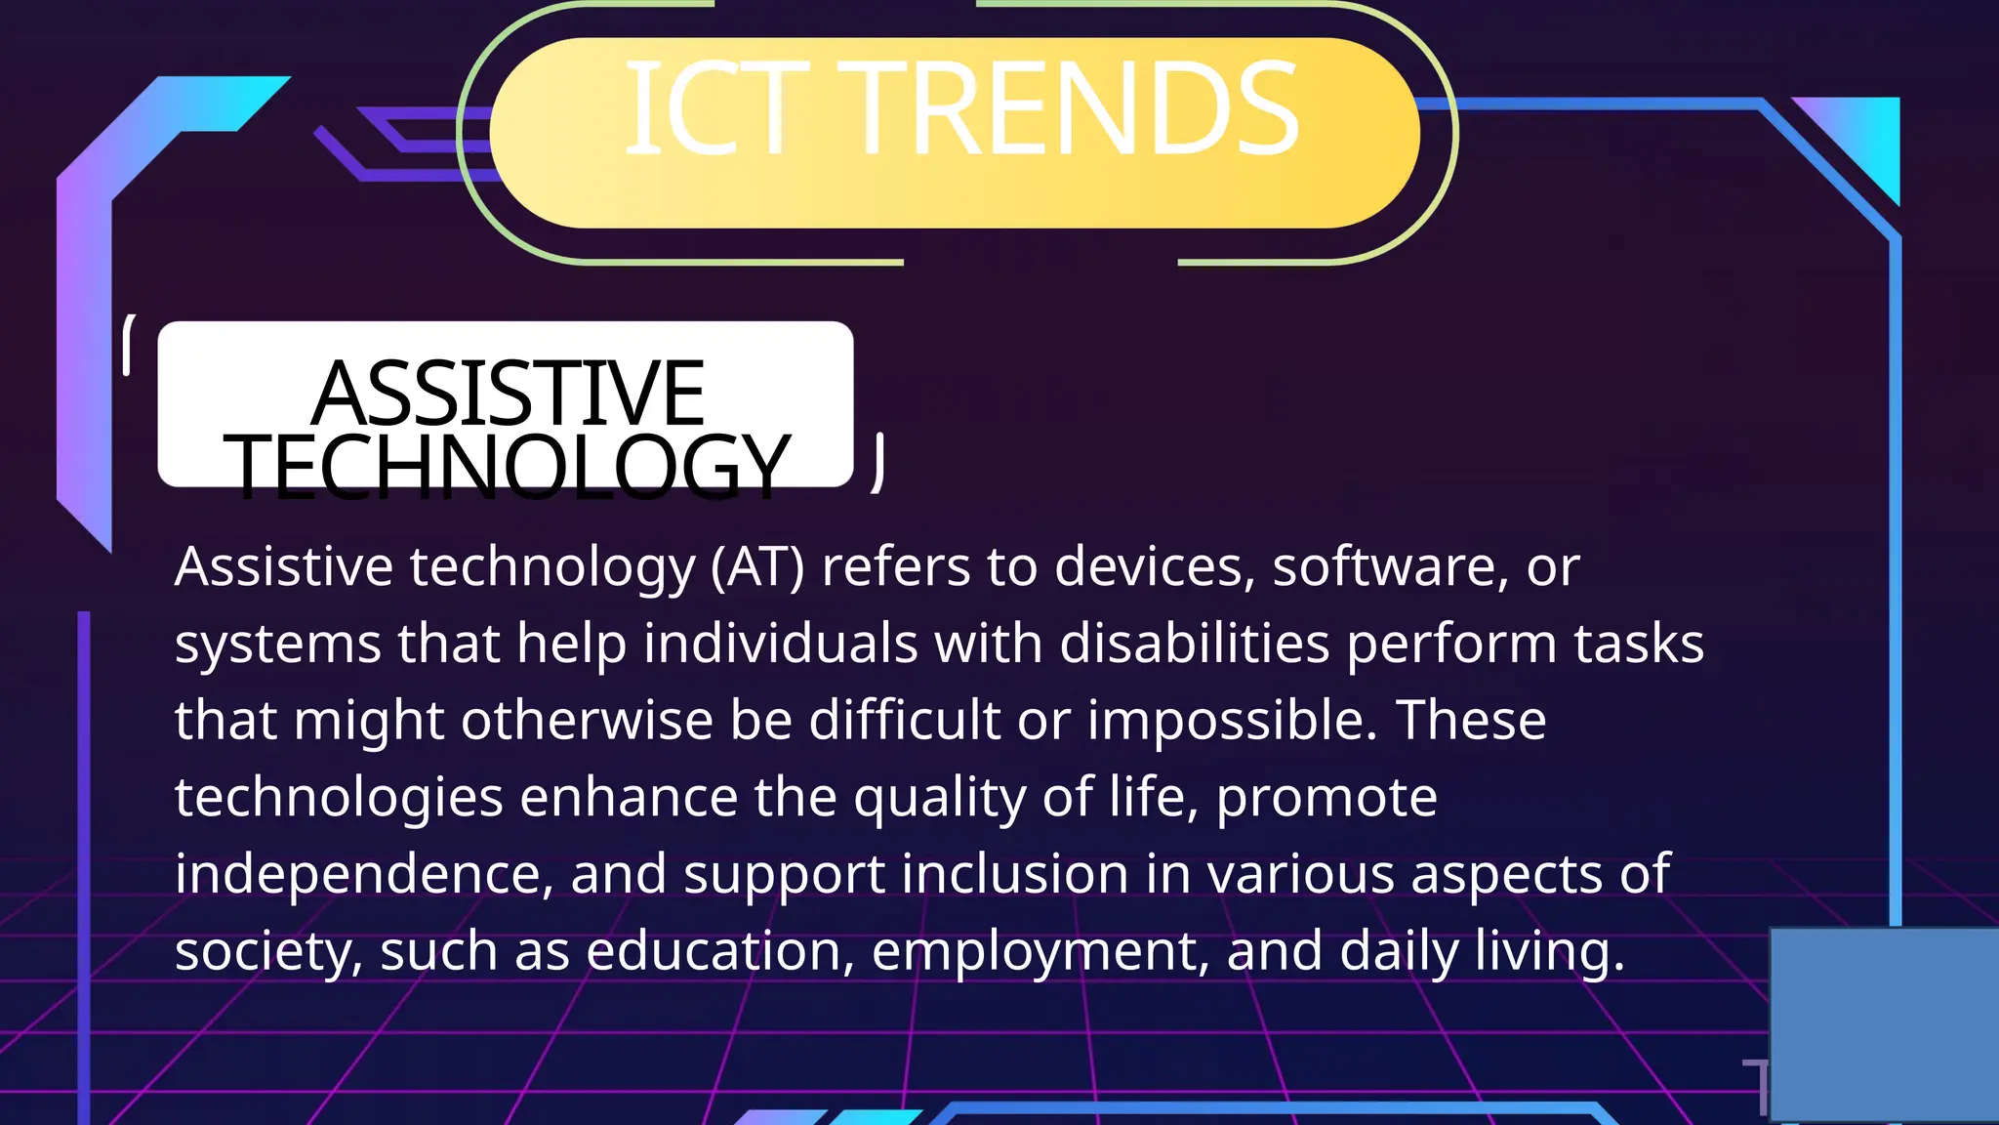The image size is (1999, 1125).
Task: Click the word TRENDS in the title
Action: [x=1078, y=108]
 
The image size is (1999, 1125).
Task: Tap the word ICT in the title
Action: [x=717, y=108]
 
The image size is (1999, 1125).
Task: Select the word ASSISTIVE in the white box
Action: [x=508, y=393]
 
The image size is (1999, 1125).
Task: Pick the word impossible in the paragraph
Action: [x=1232, y=721]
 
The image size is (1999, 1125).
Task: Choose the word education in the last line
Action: [x=720, y=950]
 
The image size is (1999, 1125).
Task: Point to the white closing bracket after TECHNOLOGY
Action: [x=878, y=462]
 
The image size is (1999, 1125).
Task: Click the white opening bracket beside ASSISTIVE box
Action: [x=128, y=345]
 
